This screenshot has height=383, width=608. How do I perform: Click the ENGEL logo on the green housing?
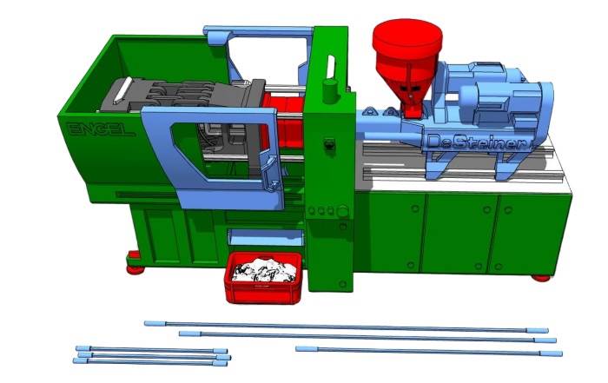101,129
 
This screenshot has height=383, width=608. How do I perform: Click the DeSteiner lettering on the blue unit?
477,142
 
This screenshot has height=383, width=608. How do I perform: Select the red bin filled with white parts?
263,278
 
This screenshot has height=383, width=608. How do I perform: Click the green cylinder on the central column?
330,91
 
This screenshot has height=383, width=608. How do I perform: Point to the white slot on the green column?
330,67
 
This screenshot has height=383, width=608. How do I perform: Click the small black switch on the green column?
329,144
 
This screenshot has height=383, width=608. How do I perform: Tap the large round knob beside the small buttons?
342,212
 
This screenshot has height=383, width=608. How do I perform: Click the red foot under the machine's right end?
540,278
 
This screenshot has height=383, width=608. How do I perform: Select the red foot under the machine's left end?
134,264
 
